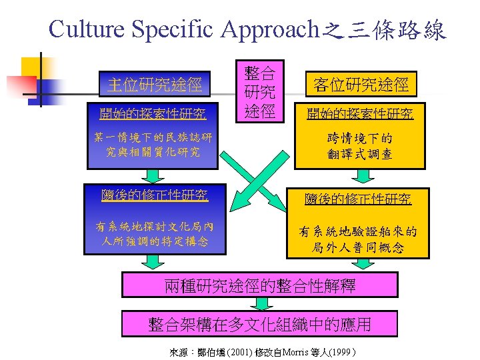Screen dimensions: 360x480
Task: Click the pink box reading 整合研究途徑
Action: pyautogui.click(x=259, y=92)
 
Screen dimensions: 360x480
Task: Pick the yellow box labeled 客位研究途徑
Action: pyautogui.click(x=361, y=85)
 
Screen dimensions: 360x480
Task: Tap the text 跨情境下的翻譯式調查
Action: pyautogui.click(x=359, y=147)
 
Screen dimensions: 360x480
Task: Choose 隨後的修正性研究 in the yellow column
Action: pyautogui.click(x=359, y=198)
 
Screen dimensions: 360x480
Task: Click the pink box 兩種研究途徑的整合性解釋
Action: pyautogui.click(x=260, y=286)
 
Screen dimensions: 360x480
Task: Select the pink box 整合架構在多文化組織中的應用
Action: pyautogui.click(x=260, y=325)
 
